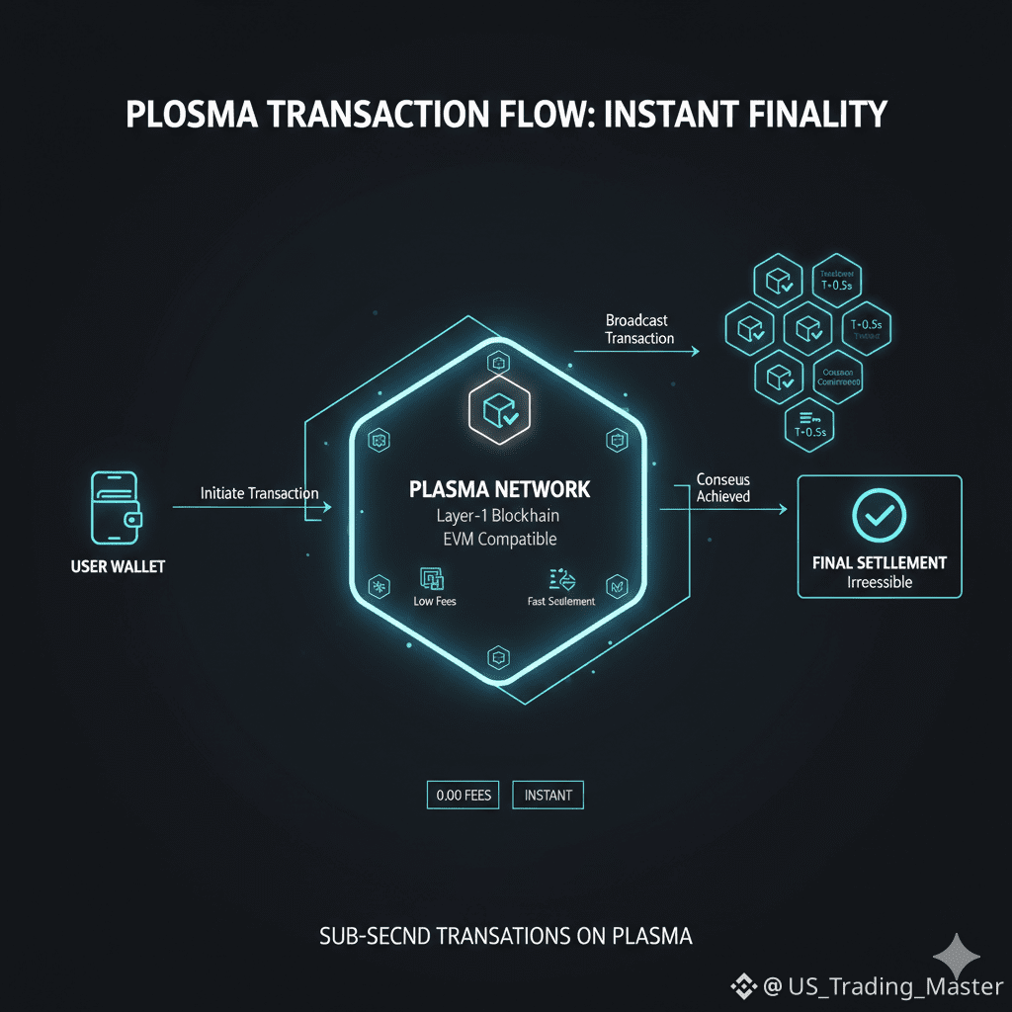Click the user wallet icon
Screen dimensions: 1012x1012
tap(115, 507)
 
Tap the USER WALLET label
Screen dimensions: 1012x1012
tap(118, 567)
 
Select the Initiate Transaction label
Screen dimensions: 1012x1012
tap(259, 492)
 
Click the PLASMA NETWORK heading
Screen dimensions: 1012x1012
tap(499, 489)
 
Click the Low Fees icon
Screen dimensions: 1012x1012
tap(432, 579)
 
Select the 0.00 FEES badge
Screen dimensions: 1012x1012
tap(463, 795)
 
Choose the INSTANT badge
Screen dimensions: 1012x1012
tap(548, 795)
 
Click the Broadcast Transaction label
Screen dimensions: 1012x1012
tap(639, 329)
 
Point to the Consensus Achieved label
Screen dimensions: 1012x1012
tap(722, 487)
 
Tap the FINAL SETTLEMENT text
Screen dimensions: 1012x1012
tap(879, 562)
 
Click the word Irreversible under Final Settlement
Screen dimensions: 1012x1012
tap(880, 582)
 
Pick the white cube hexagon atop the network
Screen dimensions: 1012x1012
tap(498, 409)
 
